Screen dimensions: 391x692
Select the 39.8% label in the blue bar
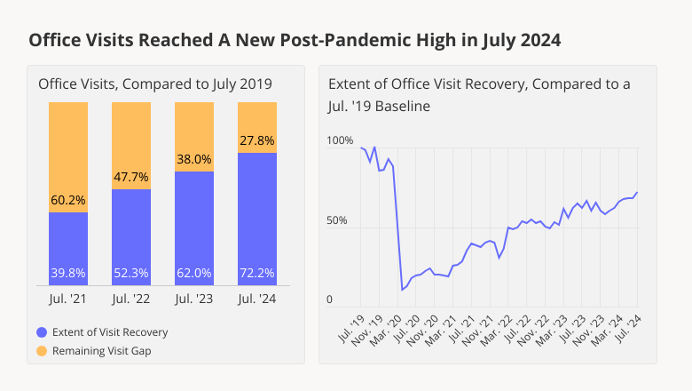(67, 273)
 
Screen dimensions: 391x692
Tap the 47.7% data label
(131, 177)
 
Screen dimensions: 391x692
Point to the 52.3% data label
(131, 273)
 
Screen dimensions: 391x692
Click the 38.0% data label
(194, 159)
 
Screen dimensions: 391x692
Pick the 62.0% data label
(194, 273)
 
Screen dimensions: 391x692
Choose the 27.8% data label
(257, 140)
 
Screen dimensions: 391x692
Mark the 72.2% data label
(257, 273)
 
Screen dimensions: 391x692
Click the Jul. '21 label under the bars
(67, 300)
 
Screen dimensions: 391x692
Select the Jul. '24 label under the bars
(257, 300)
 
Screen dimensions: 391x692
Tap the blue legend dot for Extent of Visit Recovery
(41, 332)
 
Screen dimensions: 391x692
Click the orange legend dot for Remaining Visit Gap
(41, 351)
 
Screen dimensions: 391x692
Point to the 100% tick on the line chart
(340, 140)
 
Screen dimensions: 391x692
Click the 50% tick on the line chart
(336, 220)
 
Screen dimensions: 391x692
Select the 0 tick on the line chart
(329, 299)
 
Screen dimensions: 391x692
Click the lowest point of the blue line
(403, 290)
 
